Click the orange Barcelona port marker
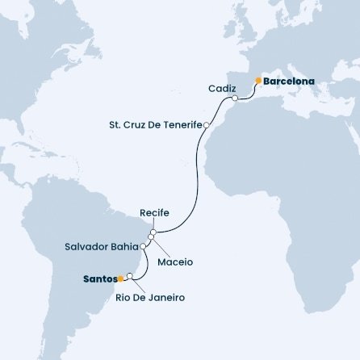[257, 81]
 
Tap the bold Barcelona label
[288, 81]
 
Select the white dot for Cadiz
[235, 98]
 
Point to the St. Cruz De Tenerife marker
[207, 125]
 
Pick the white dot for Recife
[152, 232]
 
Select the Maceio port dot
[150, 237]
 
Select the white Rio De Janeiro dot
[129, 275]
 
